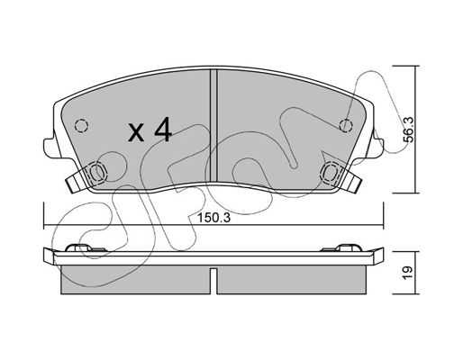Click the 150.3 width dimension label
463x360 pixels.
[213, 218]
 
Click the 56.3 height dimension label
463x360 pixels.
[409, 130]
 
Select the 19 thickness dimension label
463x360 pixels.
[409, 273]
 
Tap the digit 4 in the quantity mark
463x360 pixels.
[163, 130]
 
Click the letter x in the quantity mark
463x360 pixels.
[136, 133]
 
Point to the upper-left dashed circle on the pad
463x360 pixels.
[81, 126]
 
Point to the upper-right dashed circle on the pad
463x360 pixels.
[346, 125]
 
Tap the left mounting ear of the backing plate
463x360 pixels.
[50, 148]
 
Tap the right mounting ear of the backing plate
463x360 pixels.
[377, 147]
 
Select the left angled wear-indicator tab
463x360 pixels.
[75, 182]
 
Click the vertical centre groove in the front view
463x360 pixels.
[213, 126]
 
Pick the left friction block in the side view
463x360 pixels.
[135, 280]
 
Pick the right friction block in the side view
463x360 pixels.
[291, 280]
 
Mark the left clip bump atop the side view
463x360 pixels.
[78, 247]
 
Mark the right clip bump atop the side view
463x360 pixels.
[348, 247]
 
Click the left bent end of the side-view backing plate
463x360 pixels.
[49, 256]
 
